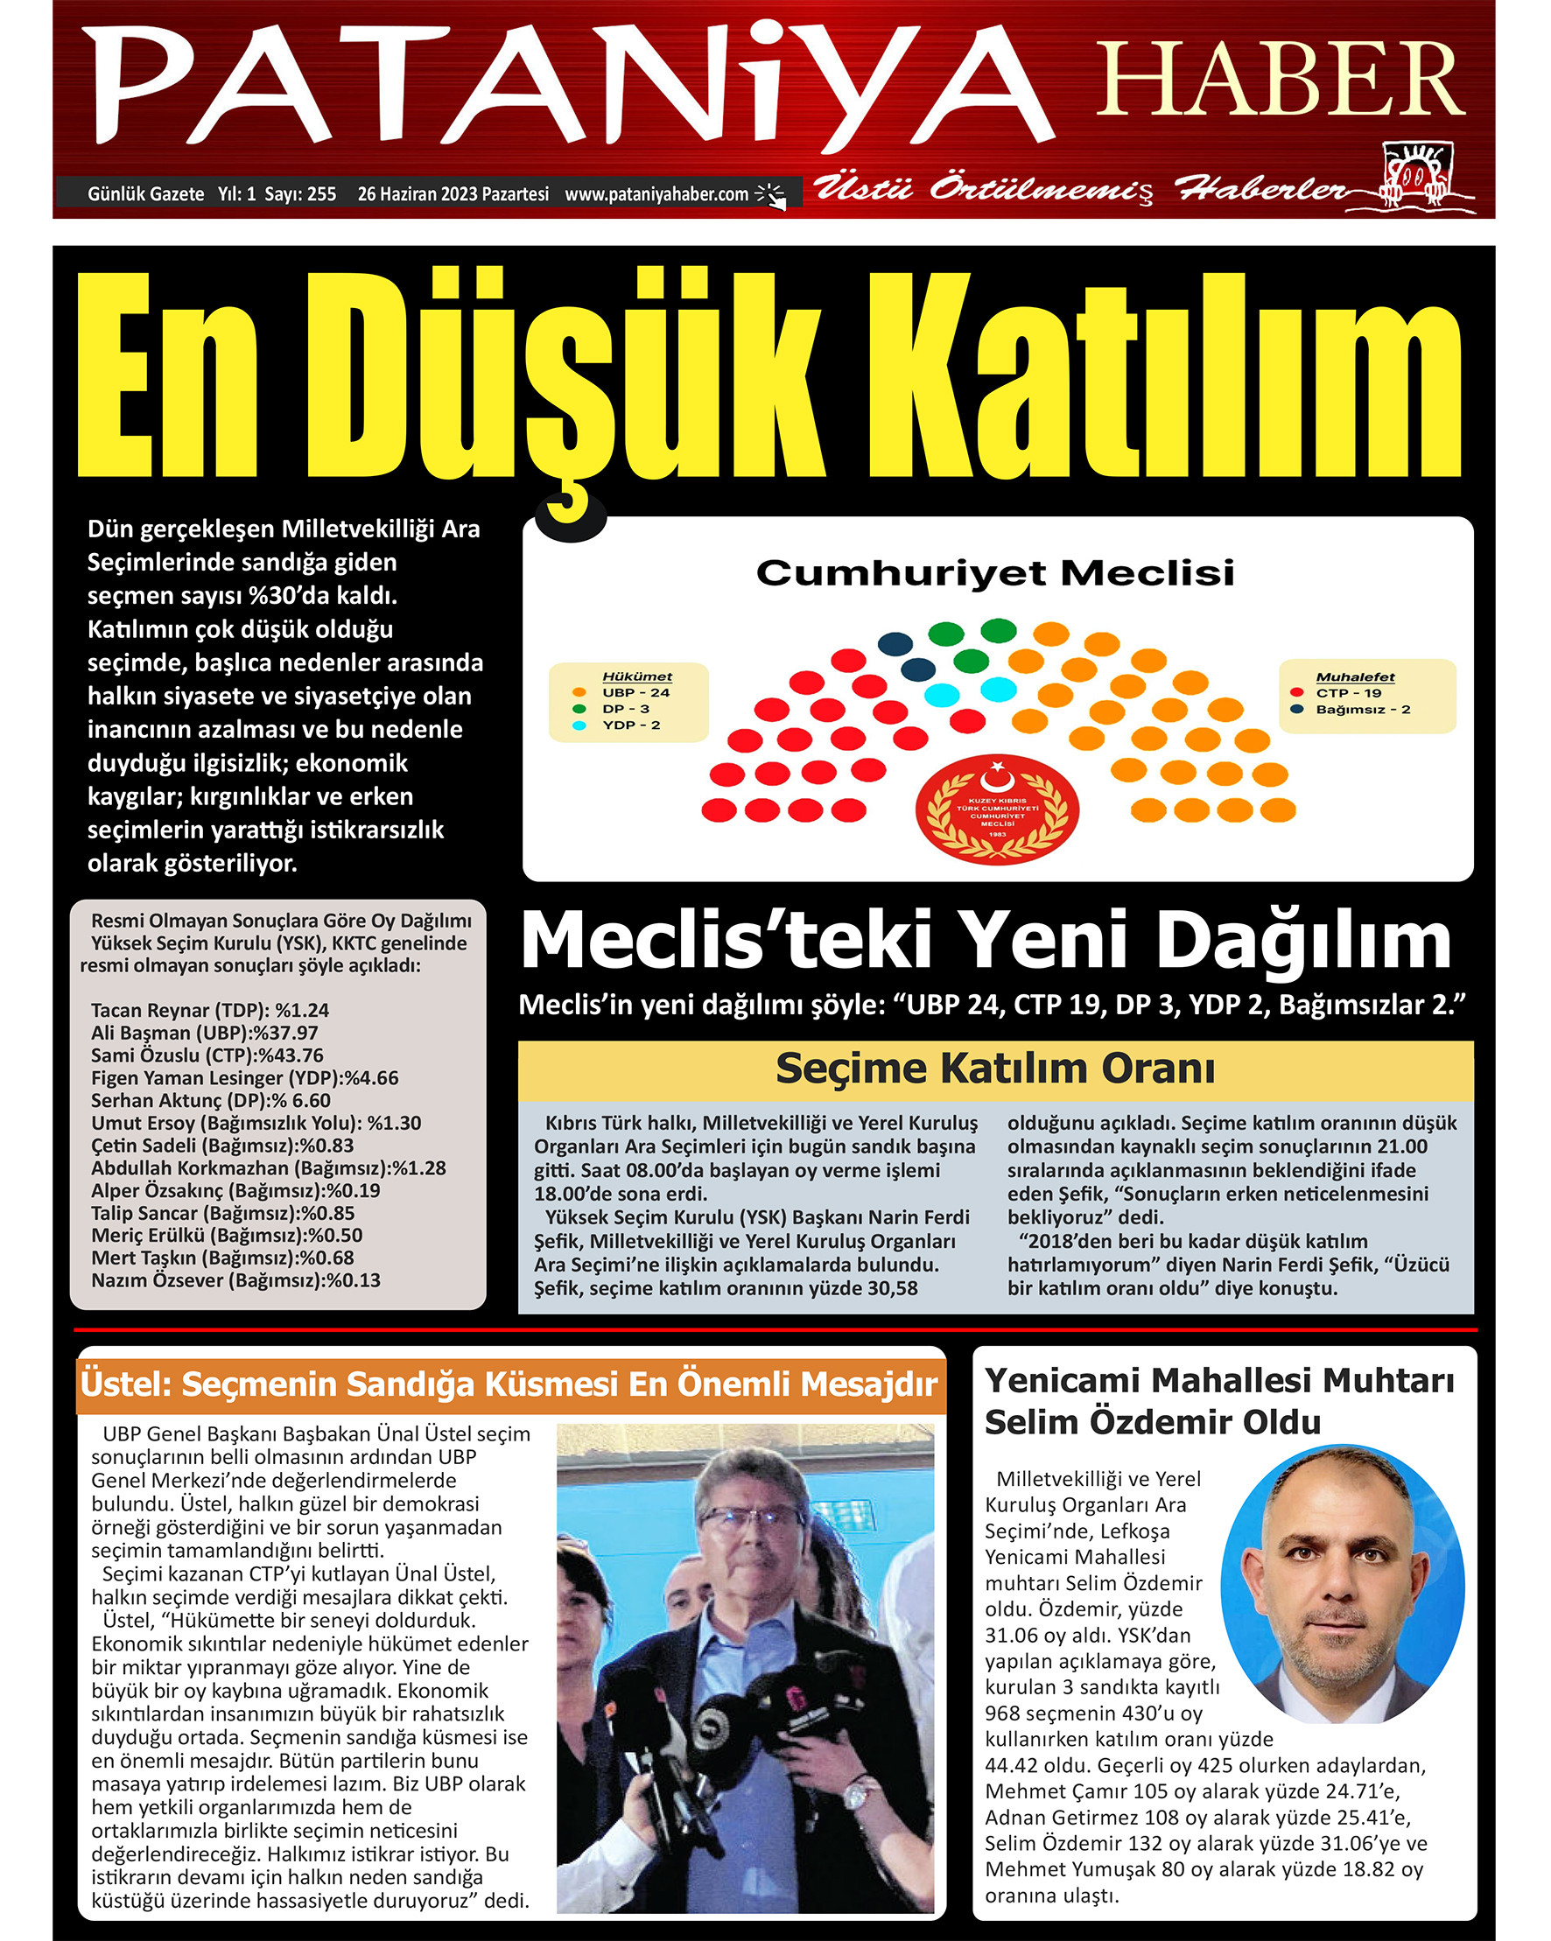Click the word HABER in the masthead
click(x=1279, y=80)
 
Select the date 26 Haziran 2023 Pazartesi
click(x=453, y=193)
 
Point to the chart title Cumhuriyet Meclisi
click(x=994, y=572)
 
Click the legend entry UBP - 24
click(x=635, y=692)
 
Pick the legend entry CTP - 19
click(x=1347, y=693)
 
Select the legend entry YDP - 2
click(x=630, y=725)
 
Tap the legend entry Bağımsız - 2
click(x=1362, y=710)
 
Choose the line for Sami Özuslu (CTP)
click(x=207, y=1055)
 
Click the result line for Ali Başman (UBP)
click(x=204, y=1033)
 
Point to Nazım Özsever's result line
click(x=235, y=1280)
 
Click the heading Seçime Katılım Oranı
click(x=994, y=1069)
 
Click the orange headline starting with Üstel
click(x=509, y=1384)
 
